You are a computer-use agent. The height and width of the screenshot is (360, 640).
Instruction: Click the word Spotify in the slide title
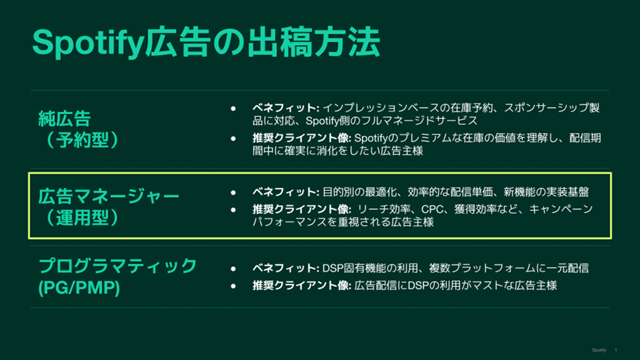pyautogui.click(x=89, y=43)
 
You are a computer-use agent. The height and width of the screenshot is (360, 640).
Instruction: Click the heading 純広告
pyautogui.click(x=64, y=119)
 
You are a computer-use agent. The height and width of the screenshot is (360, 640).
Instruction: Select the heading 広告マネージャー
pyautogui.click(x=109, y=196)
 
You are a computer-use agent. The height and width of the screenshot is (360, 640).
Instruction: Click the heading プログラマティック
pyautogui.click(x=118, y=266)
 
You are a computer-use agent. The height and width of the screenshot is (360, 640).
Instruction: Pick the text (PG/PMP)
pyautogui.click(x=79, y=288)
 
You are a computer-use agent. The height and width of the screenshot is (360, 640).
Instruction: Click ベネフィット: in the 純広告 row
pyautogui.click(x=286, y=108)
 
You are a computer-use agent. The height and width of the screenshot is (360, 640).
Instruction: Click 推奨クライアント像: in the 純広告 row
pyautogui.click(x=302, y=138)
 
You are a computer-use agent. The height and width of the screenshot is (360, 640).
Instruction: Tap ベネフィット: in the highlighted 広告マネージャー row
pyautogui.click(x=286, y=192)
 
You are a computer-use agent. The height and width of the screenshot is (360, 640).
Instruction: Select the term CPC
pyautogui.click(x=432, y=209)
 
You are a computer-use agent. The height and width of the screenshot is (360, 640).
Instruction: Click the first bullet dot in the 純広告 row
pyautogui.click(x=233, y=108)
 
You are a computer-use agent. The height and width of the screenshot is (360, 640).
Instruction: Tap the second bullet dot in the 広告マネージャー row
pyautogui.click(x=233, y=210)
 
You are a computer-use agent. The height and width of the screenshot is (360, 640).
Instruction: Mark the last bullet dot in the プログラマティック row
pyautogui.click(x=233, y=286)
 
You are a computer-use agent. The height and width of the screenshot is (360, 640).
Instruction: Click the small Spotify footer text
pyautogui.click(x=599, y=350)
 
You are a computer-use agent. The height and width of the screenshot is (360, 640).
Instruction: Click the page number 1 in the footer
pyautogui.click(x=616, y=350)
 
